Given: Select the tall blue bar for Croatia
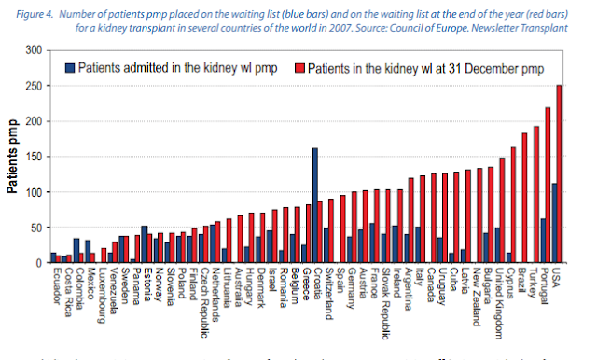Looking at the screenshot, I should point(315,205).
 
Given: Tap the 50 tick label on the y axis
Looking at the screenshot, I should point(36,228).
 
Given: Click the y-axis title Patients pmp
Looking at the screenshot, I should point(13,157).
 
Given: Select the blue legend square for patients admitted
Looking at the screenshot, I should point(69,67).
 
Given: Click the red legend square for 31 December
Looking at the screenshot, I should point(300,67).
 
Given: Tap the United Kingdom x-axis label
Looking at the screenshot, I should point(501,303).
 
